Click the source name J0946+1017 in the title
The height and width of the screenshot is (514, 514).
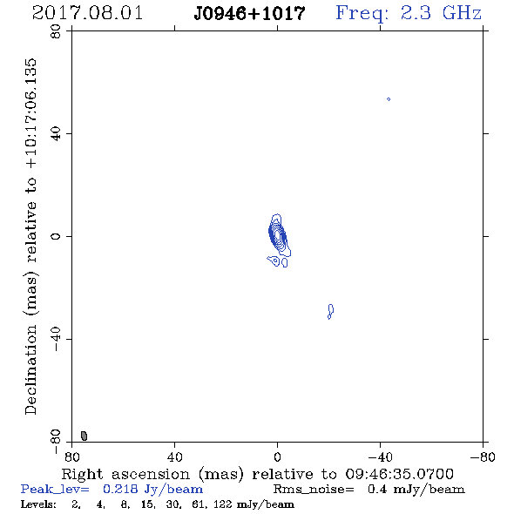pos(249,13)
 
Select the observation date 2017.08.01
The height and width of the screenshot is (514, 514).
pos(87,13)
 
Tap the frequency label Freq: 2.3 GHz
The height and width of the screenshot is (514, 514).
pos(409,13)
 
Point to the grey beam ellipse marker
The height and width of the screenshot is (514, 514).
pos(85,436)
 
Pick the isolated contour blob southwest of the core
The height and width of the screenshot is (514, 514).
pos(330,311)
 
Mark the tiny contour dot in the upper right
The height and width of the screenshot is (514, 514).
pos(389,99)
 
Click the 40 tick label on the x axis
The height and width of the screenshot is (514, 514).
pos(174,457)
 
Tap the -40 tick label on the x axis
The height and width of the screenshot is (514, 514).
pos(380,457)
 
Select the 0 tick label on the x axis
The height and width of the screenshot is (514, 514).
pos(277,457)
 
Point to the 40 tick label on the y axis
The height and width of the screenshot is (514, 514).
pos(56,134)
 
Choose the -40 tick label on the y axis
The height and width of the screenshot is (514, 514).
pos(56,339)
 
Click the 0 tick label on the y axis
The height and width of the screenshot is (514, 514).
pos(56,236)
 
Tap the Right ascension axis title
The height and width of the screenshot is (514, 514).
pos(257,474)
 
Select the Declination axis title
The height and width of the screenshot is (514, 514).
pos(30,236)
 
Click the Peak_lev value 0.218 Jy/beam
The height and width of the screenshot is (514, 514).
pos(152,490)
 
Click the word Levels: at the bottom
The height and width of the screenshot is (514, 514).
pos(38,504)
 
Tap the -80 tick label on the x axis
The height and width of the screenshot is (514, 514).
pos(483,457)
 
